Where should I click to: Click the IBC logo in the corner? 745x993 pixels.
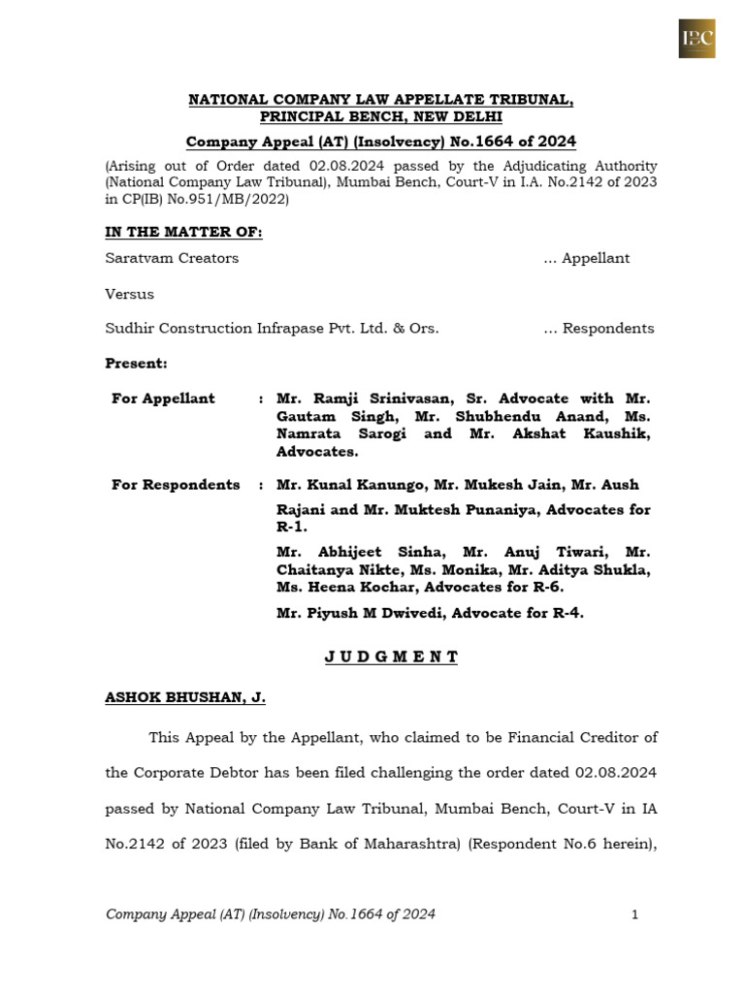[696, 38]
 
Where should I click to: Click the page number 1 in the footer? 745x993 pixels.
[634, 914]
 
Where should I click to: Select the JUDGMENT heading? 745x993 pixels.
[391, 657]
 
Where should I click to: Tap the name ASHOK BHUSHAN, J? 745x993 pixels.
[185, 697]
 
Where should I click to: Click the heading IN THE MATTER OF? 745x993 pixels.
[183, 232]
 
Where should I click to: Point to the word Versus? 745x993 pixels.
[129, 293]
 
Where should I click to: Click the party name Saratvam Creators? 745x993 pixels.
[172, 258]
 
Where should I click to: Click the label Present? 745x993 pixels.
[136, 364]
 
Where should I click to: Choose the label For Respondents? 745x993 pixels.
[176, 485]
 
